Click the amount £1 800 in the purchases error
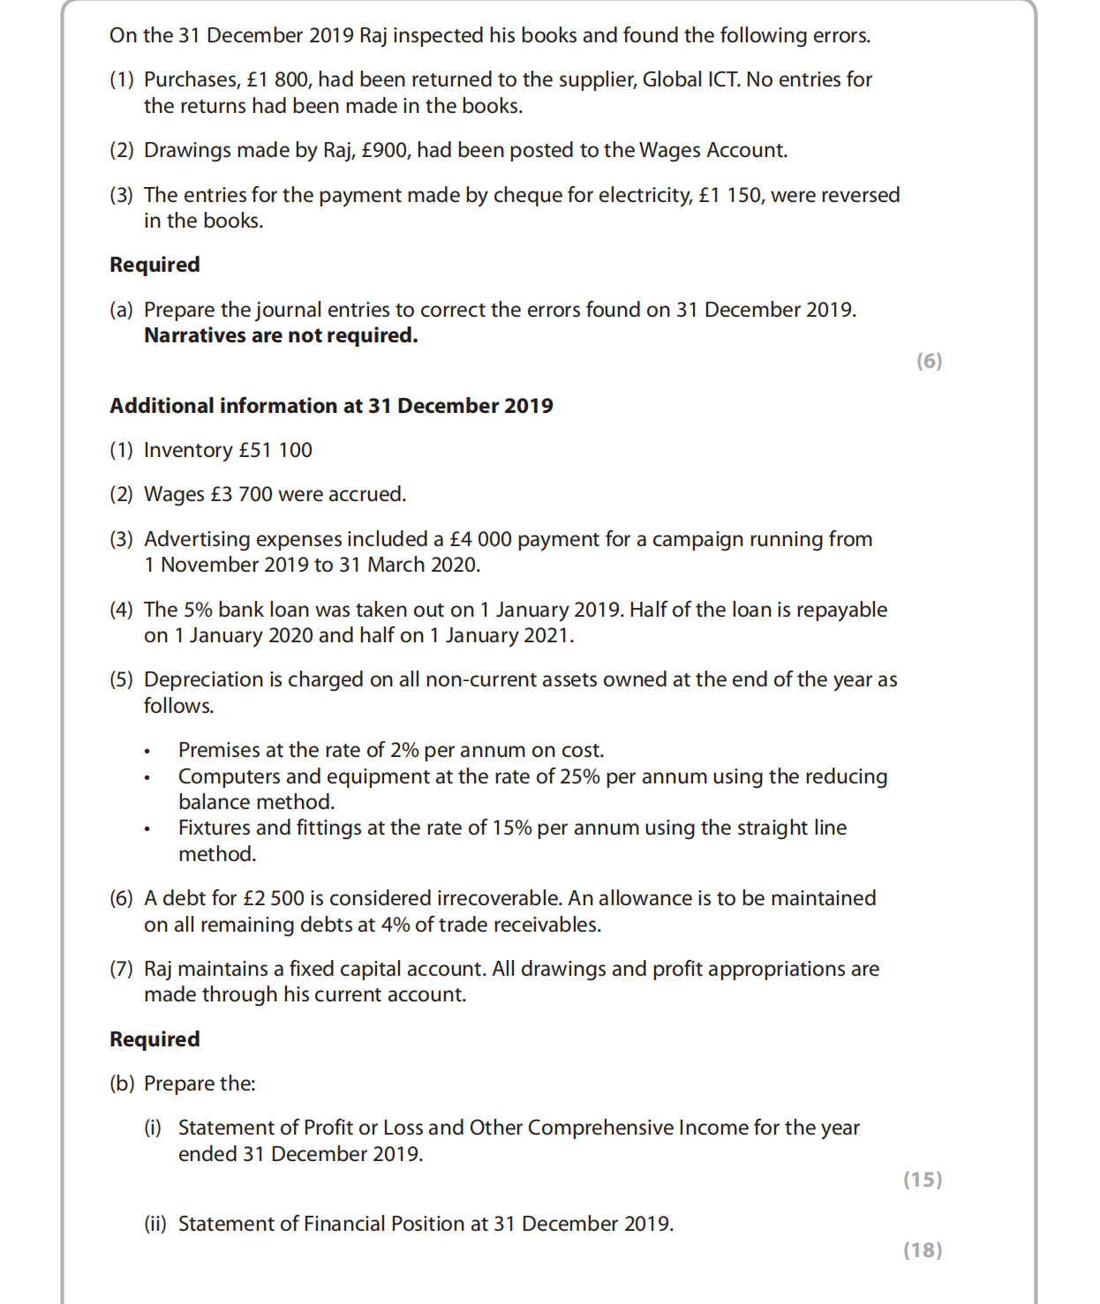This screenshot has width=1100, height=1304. (277, 80)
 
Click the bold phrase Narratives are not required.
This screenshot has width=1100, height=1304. (281, 336)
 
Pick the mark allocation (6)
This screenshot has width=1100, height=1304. (929, 361)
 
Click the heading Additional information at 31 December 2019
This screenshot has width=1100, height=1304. (331, 406)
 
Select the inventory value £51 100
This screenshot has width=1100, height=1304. (275, 451)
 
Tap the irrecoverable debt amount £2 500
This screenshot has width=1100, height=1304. (274, 899)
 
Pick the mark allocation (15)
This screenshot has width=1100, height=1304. (923, 1180)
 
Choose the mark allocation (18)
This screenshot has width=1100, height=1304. (923, 1250)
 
